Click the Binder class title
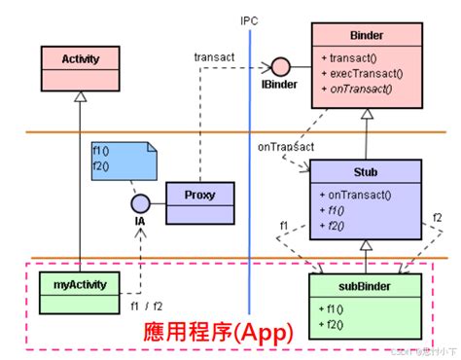[365, 35]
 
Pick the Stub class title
[365, 171]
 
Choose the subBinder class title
[365, 284]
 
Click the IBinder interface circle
[281, 67]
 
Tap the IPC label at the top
[250, 20]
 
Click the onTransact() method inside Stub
[361, 194]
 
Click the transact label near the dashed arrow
[214, 57]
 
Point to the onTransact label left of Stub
[285, 147]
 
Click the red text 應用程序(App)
[217, 332]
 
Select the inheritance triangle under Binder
[365, 115]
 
